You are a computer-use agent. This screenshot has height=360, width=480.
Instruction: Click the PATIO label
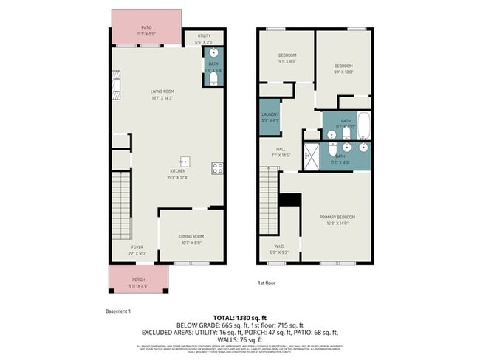147,28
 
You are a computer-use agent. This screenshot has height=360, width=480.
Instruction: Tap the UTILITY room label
204,35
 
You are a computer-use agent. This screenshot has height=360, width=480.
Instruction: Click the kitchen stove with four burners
218,167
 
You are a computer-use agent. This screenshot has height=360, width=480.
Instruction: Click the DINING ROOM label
191,236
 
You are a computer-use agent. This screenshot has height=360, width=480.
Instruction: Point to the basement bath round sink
213,54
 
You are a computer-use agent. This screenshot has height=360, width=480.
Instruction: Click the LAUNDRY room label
270,114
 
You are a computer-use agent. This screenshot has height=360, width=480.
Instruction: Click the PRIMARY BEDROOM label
337,217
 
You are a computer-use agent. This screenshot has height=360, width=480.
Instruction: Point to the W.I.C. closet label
278,246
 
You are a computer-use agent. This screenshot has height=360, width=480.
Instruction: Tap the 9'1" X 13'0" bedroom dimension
343,72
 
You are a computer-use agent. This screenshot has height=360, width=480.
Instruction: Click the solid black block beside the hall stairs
292,200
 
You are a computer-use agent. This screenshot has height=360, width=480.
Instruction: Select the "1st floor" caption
267,283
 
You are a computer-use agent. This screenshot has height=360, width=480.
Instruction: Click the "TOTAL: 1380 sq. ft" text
239,319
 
